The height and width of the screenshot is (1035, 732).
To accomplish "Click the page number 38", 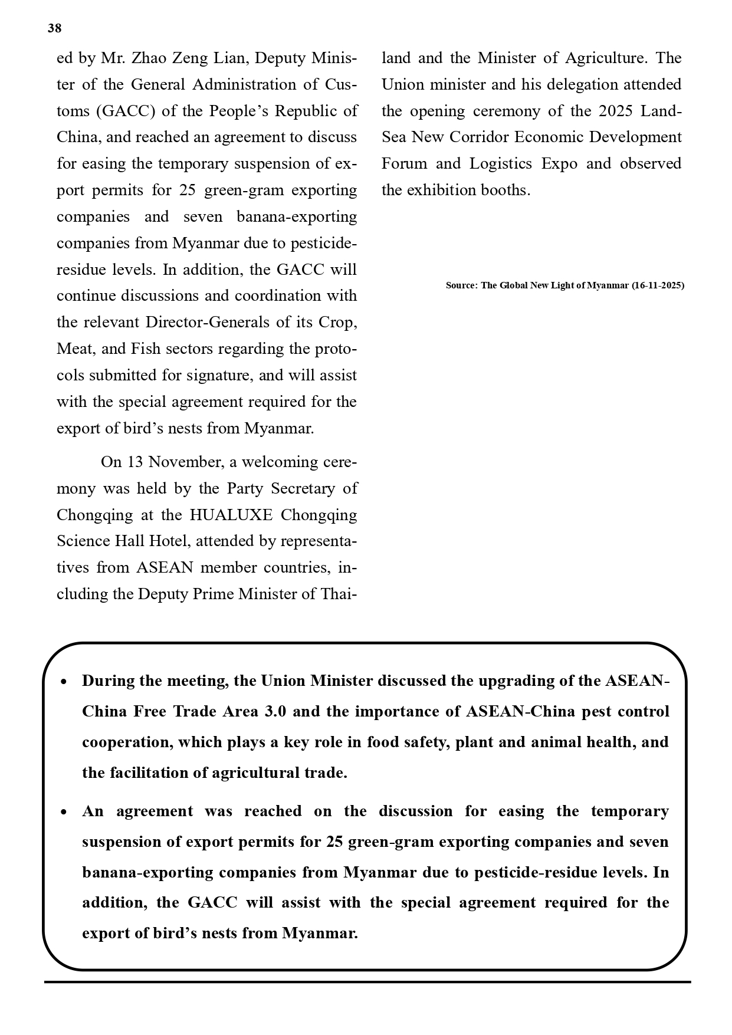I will [x=54, y=28].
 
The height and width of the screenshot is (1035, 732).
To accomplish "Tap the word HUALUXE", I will [x=231, y=515].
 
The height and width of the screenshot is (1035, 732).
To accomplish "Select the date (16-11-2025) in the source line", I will [x=658, y=285].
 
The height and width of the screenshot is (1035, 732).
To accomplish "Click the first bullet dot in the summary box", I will [x=64, y=682].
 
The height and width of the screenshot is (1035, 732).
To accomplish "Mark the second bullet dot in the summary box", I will [x=64, y=813].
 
